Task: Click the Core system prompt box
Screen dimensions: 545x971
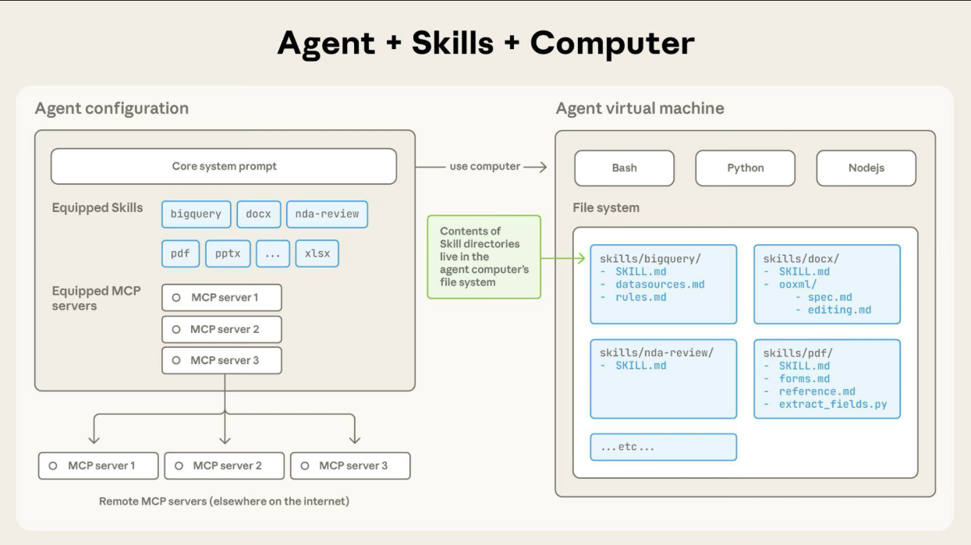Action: click(224, 166)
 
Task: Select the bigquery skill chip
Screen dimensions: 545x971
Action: click(196, 214)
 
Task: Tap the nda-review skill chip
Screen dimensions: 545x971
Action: click(327, 214)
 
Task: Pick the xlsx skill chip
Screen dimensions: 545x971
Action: click(317, 253)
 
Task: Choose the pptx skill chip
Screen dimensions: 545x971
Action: click(228, 253)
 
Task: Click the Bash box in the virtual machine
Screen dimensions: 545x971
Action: click(624, 168)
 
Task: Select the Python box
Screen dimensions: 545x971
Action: click(745, 168)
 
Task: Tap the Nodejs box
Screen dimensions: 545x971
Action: click(866, 168)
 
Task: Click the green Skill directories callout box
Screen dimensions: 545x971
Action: click(484, 257)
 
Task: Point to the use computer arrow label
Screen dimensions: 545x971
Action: click(484, 166)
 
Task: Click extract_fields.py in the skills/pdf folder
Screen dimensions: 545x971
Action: click(833, 405)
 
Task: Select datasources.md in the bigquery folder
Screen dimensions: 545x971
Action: click(660, 285)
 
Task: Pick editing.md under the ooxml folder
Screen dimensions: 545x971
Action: click(839, 310)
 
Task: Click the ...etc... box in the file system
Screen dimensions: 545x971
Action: click(663, 447)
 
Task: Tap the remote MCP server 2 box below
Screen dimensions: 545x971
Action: click(224, 465)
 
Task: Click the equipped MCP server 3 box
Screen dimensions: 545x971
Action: click(221, 360)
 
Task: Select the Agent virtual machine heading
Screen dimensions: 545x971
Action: click(640, 108)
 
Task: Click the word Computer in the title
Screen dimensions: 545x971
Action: click(612, 43)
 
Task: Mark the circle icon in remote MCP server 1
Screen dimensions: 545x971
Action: click(53, 465)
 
